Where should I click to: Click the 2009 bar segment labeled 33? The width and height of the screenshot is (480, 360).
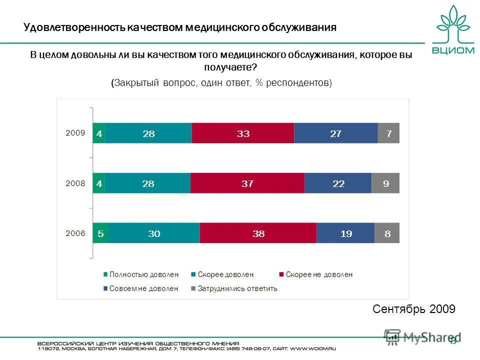(x=243, y=133)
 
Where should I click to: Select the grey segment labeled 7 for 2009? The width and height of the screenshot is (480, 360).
(x=388, y=133)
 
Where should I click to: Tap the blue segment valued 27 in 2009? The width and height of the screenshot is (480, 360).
(x=335, y=133)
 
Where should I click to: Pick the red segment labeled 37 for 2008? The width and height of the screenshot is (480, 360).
(x=247, y=183)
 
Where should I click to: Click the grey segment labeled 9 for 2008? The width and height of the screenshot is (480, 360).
(x=385, y=183)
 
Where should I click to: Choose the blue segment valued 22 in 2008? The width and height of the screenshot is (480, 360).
(x=338, y=183)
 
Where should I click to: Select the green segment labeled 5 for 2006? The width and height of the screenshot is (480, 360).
(x=100, y=233)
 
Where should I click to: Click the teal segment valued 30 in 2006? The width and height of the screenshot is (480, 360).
(x=154, y=233)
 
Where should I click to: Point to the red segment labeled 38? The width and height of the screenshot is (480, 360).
(x=258, y=233)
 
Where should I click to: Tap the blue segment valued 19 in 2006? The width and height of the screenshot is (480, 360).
(x=345, y=233)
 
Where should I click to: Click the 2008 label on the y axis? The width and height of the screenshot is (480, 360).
(x=75, y=183)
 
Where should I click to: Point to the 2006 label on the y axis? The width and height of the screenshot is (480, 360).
(x=75, y=233)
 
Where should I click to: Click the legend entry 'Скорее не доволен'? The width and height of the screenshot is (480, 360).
(x=318, y=274)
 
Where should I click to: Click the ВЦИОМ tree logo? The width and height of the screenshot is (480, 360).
(x=453, y=29)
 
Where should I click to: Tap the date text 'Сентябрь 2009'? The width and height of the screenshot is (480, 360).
(x=414, y=309)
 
